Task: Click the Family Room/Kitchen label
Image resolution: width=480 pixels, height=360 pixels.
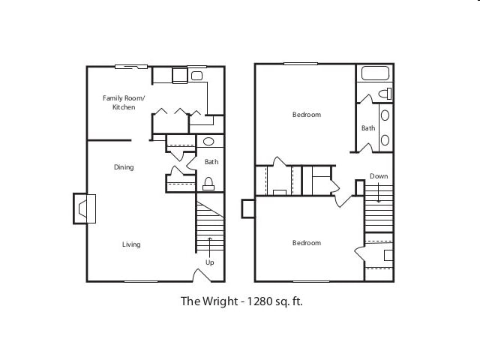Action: click(124, 103)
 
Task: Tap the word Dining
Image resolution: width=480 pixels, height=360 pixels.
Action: click(124, 167)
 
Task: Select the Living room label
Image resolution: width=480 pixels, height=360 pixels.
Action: click(131, 244)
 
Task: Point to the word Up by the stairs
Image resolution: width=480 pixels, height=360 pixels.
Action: click(209, 262)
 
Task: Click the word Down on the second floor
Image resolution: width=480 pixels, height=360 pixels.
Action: click(379, 176)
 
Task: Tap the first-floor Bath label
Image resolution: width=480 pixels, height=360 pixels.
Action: click(211, 161)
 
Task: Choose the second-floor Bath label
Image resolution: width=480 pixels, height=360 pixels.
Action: click(368, 128)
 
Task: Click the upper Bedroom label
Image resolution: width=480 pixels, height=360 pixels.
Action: click(306, 115)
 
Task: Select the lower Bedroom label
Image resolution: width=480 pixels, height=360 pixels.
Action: click(306, 243)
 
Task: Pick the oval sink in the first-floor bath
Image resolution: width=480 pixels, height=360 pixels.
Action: click(209, 141)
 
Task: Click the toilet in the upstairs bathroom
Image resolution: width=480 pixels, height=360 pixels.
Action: click(385, 94)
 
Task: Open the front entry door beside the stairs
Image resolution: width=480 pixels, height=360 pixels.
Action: click(201, 274)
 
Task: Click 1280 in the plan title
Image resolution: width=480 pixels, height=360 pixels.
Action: click(259, 301)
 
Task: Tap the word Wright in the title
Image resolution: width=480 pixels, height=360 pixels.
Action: click(217, 301)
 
